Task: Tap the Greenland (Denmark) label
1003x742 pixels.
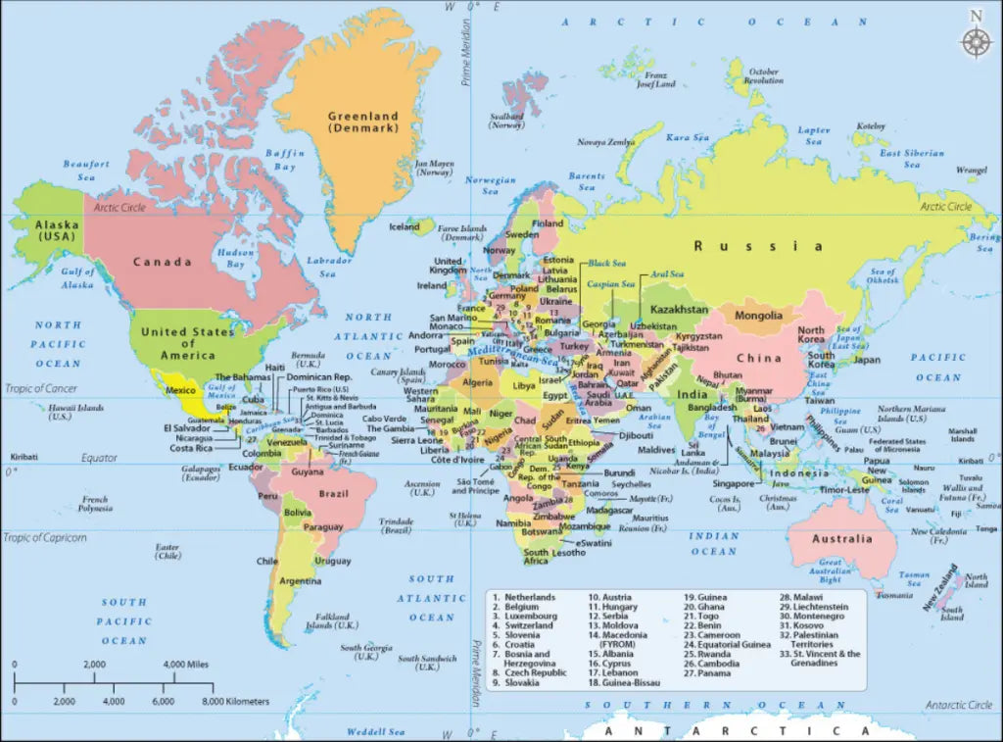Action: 363,122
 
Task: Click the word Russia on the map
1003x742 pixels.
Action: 759,246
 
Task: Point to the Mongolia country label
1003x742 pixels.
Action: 758,316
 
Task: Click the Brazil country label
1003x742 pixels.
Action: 335,492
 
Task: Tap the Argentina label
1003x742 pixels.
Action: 300,581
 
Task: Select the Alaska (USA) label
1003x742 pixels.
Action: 56,230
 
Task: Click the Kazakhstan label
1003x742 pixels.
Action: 679,310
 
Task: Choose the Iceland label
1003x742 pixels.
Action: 405,226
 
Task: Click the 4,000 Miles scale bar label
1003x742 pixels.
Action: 186,665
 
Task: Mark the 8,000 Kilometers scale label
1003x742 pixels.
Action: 235,702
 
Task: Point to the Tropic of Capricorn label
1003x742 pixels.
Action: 45,537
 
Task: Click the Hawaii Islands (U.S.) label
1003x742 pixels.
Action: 48,412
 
